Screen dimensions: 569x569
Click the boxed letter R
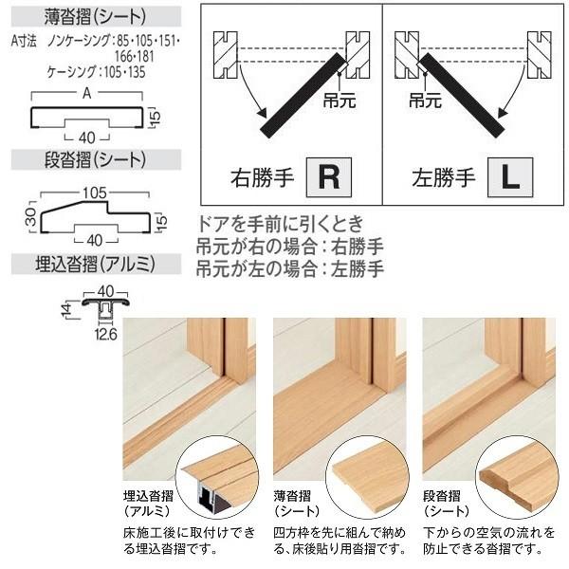click(x=327, y=176)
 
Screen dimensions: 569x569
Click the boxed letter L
click(x=509, y=176)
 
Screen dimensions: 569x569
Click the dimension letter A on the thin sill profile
click(x=87, y=95)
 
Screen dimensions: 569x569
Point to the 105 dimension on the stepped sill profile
click(x=92, y=193)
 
